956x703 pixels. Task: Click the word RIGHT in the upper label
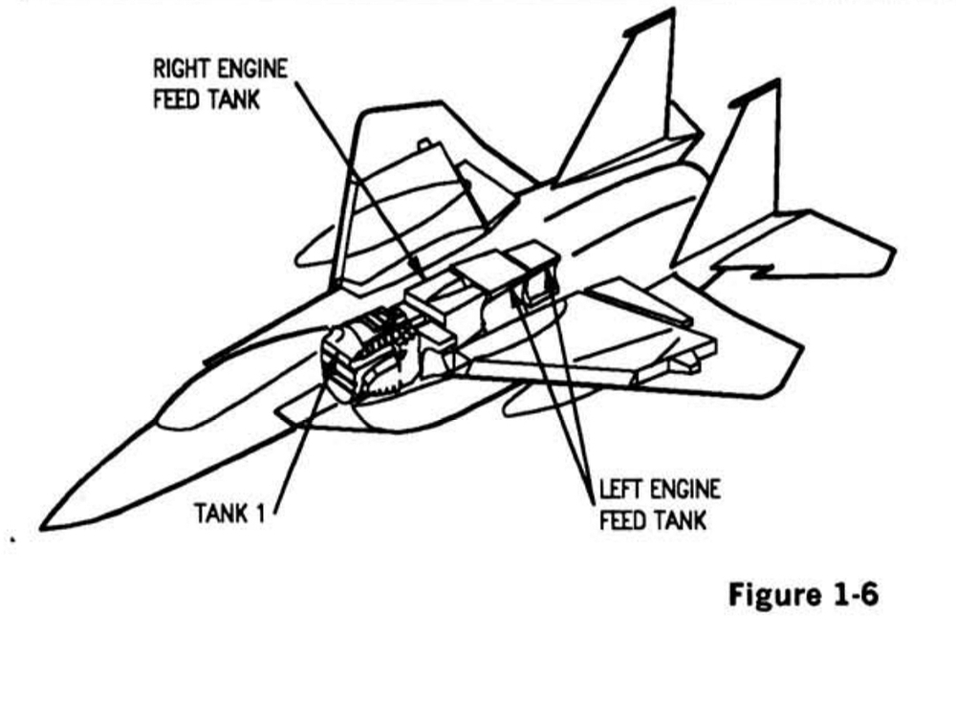click(x=181, y=69)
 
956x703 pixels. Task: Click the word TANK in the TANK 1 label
click(x=222, y=514)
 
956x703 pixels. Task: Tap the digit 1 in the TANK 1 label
click(x=261, y=514)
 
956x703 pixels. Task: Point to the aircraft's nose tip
click(x=42, y=527)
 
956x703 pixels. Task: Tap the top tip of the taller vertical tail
click(x=672, y=11)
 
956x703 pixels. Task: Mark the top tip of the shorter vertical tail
click(x=776, y=81)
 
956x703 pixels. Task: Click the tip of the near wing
click(x=800, y=348)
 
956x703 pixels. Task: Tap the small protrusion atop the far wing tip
click(x=424, y=144)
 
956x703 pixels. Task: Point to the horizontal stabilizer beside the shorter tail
click(x=804, y=244)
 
